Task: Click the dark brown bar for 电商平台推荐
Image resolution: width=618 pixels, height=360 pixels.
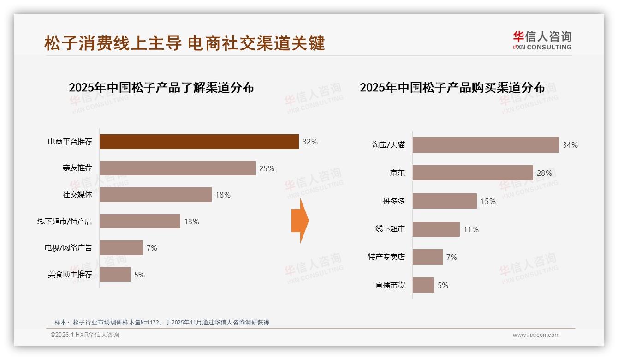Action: [x=199, y=142]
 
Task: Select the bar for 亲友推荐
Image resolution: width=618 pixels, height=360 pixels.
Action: [x=178, y=168]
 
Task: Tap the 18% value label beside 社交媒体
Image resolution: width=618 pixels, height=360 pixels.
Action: [x=223, y=195]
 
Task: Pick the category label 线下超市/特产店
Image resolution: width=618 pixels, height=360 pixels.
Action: [x=65, y=222]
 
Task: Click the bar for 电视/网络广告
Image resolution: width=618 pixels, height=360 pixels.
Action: [x=121, y=248]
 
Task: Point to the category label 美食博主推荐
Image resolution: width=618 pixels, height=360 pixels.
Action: [x=70, y=275]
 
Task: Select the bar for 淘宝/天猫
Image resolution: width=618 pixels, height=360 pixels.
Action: [x=485, y=145]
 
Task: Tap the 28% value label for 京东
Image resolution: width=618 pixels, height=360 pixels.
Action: [x=544, y=173]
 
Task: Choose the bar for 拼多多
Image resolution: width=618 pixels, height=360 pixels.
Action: [x=445, y=201]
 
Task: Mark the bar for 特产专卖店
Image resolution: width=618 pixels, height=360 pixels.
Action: [x=428, y=257]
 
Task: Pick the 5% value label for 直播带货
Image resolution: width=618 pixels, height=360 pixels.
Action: [x=443, y=285]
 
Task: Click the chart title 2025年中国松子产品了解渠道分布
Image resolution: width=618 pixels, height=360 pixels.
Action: [x=161, y=88]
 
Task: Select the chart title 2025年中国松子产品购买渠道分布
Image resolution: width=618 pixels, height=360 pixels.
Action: [x=452, y=88]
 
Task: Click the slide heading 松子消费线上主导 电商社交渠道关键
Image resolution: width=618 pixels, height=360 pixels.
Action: [x=184, y=43]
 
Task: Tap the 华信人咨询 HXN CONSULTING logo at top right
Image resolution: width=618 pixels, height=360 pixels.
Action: [x=542, y=41]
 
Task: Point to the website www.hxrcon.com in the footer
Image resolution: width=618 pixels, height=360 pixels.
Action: [x=536, y=335]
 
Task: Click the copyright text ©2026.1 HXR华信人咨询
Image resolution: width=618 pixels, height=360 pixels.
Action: [x=85, y=335]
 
